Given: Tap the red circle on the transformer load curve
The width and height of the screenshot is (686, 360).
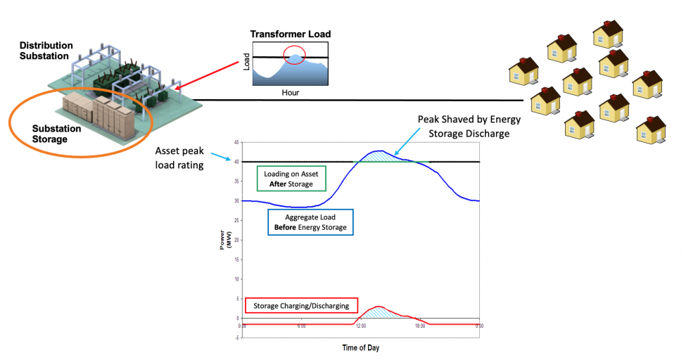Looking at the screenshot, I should tap(295, 55).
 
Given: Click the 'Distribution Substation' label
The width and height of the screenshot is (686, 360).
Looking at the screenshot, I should tap(44, 51).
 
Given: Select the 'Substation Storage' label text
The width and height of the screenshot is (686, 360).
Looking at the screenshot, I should tap(56, 134).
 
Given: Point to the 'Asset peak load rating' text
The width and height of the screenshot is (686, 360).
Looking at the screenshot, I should tap(179, 157).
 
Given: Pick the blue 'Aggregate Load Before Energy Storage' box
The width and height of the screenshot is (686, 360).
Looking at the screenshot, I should tap(310, 222).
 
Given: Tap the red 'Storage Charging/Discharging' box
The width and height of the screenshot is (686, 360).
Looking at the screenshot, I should tap(301, 306).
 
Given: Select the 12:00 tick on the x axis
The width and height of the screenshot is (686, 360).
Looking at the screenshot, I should tap(361, 326).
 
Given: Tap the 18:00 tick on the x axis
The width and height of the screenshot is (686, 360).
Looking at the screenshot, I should tap(420, 326).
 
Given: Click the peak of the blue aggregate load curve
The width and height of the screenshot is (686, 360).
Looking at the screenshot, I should tap(379, 150).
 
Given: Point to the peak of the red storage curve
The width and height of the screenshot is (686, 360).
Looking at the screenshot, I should tap(379, 307).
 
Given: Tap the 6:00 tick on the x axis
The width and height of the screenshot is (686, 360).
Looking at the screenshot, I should tap(301, 326).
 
